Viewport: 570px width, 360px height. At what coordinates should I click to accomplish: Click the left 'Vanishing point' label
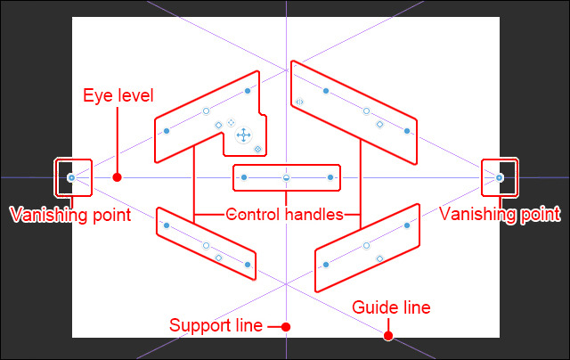click(70, 214)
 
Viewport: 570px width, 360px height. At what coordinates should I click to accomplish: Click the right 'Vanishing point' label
click(500, 214)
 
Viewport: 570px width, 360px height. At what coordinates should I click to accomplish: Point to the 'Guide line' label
click(391, 307)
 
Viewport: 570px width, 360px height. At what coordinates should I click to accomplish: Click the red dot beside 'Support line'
click(285, 326)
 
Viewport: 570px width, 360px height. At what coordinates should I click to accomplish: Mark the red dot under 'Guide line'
click(388, 336)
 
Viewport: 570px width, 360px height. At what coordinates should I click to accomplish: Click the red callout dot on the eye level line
click(117, 177)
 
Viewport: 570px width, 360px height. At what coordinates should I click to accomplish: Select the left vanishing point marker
click(72, 177)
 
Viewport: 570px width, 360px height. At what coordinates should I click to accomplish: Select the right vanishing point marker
click(500, 177)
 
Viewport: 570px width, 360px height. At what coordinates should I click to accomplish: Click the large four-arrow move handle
click(241, 135)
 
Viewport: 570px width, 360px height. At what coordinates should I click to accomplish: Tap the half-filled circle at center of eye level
click(286, 177)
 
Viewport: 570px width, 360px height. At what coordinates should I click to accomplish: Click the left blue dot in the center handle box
click(242, 177)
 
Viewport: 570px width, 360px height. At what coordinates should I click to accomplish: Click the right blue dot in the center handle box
click(330, 177)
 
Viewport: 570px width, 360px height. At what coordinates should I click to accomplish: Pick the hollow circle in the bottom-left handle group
click(206, 244)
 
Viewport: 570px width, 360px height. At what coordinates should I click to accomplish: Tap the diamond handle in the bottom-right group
click(379, 258)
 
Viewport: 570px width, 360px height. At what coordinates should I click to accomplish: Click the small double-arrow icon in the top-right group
click(300, 102)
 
